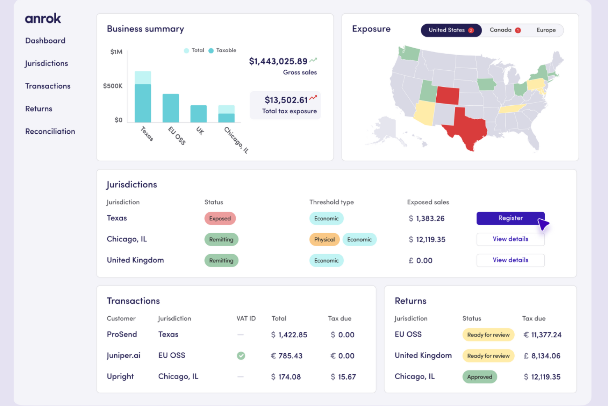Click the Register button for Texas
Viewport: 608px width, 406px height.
[x=510, y=218]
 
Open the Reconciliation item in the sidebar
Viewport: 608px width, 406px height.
[x=50, y=131]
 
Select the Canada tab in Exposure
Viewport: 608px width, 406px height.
[x=505, y=30]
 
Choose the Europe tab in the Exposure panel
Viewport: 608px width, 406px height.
[x=546, y=30]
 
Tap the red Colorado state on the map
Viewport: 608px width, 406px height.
[x=448, y=95]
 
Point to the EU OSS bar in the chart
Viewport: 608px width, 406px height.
[x=170, y=108]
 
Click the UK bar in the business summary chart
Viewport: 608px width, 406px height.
[x=198, y=114]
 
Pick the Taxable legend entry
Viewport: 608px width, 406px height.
[x=222, y=50]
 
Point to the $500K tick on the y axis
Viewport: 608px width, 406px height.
[x=113, y=86]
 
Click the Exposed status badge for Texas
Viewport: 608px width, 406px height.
[x=220, y=218]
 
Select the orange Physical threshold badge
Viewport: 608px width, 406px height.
[x=325, y=239]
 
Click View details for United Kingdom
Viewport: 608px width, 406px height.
[x=510, y=260]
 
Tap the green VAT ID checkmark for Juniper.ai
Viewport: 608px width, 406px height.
[x=241, y=355]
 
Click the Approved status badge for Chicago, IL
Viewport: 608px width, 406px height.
[x=479, y=377]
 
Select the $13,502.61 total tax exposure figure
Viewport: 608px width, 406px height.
[x=286, y=100]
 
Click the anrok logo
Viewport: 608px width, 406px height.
[x=43, y=18]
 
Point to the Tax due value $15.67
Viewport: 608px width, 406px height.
[x=343, y=377]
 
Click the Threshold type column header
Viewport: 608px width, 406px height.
[x=332, y=202]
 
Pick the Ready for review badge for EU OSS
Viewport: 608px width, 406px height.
[x=488, y=335]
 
